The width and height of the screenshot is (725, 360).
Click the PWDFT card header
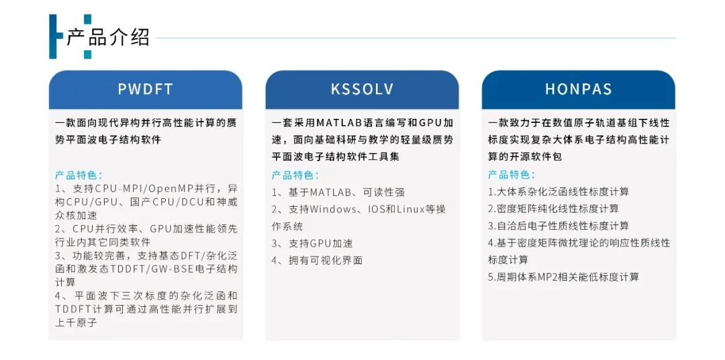click(145, 89)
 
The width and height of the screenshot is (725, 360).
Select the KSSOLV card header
click(362, 89)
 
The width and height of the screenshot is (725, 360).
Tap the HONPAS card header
click(578, 89)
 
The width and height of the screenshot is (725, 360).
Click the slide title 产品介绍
click(107, 36)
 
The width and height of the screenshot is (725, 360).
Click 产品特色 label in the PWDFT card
click(79, 175)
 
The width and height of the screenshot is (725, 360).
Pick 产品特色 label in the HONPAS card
click(512, 175)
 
